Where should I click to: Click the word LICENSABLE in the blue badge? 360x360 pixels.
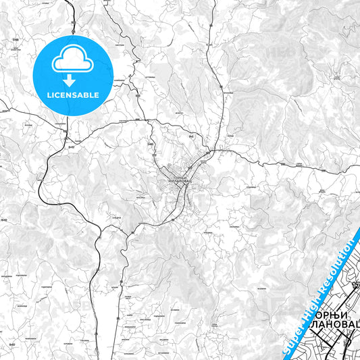pyautogui.click(x=72, y=95)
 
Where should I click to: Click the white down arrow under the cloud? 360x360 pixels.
pyautogui.click(x=72, y=79)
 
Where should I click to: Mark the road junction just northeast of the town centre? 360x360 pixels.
pyautogui.click(x=212, y=149)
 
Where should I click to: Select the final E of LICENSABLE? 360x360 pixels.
pyautogui.click(x=97, y=95)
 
